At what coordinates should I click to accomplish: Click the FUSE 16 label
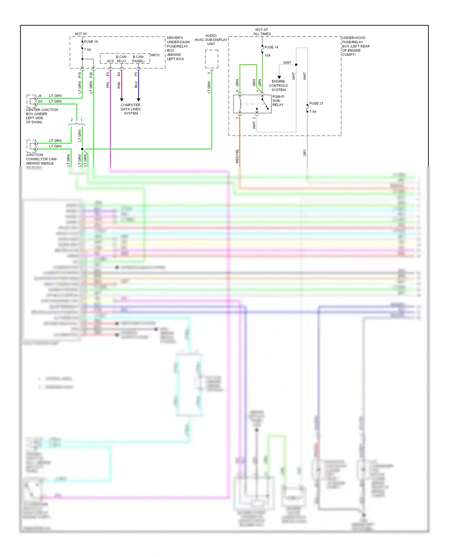(91, 42)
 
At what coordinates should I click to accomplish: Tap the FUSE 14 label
(271, 47)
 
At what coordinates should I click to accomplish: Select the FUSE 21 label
(316, 104)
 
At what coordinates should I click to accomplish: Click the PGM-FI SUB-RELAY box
(252, 104)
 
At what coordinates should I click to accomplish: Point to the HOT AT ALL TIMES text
(262, 32)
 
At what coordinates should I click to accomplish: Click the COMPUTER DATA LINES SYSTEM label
(130, 109)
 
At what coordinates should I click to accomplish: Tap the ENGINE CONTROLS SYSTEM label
(278, 86)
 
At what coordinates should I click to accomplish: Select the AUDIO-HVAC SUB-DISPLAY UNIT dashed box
(211, 59)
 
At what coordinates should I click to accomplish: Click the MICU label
(155, 55)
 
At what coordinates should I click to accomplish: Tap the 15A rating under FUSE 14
(267, 55)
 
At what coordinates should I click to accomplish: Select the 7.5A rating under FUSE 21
(313, 112)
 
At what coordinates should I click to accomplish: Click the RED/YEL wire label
(237, 156)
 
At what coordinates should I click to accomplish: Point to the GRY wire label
(305, 153)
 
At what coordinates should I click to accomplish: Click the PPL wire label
(108, 85)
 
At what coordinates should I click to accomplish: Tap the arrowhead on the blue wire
(138, 100)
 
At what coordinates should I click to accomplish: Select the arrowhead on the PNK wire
(122, 100)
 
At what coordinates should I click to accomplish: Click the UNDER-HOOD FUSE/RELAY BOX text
(356, 46)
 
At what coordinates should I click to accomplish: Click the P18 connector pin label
(80, 75)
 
